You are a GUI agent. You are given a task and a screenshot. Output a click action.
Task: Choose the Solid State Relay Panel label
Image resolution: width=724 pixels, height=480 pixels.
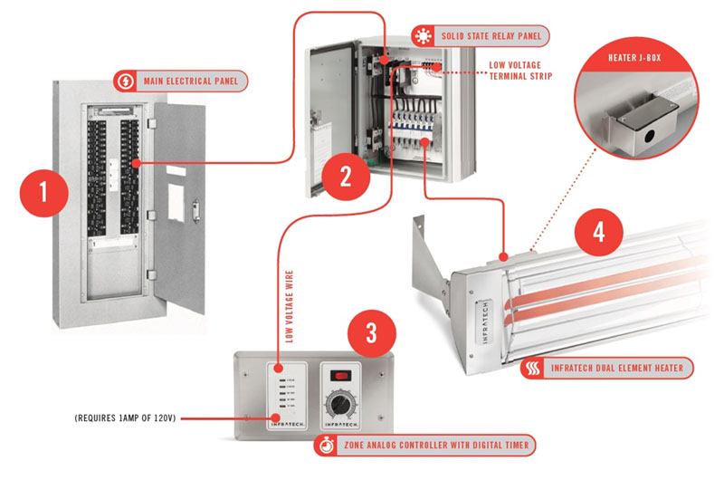496,37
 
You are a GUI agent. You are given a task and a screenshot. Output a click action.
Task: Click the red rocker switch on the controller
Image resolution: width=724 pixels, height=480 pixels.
341,374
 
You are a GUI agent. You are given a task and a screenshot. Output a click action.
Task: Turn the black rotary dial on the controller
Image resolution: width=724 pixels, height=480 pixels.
340,402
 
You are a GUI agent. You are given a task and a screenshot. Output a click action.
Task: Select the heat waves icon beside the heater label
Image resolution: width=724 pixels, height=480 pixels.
534,369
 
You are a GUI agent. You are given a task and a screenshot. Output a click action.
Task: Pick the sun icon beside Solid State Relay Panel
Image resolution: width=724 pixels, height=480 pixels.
423,37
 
